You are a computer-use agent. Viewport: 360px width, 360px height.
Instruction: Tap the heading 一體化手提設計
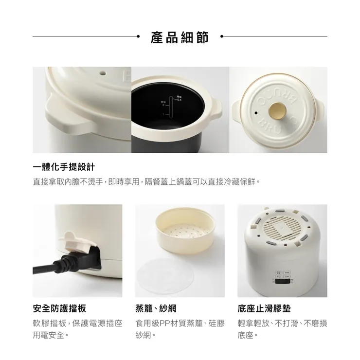[63, 167]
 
